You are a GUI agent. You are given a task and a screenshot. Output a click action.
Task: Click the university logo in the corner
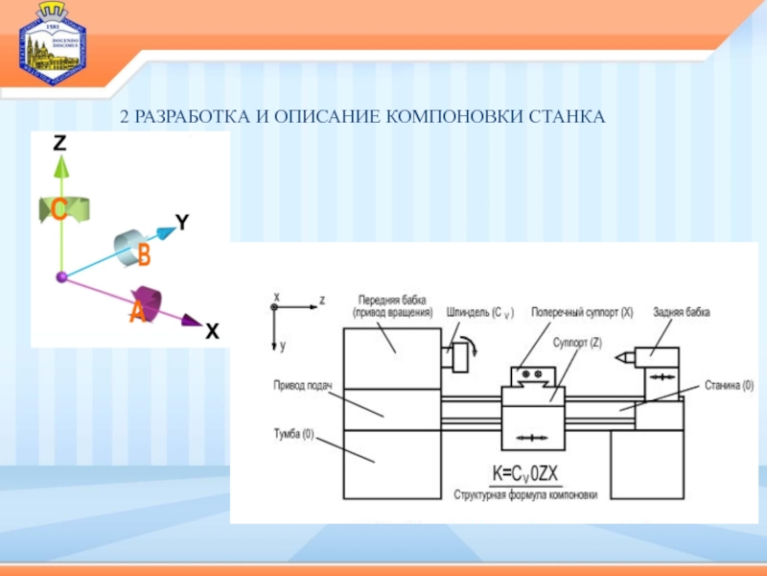click(x=50, y=43)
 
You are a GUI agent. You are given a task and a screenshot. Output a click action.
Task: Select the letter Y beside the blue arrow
click(x=182, y=223)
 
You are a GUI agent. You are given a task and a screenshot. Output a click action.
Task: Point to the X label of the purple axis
click(x=211, y=332)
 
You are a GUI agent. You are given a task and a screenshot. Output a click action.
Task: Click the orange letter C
click(x=58, y=211)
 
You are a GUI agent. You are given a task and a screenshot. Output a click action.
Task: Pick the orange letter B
click(x=144, y=254)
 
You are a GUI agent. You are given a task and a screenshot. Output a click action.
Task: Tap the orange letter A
click(x=138, y=312)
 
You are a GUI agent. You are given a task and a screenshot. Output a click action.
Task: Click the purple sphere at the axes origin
click(x=61, y=277)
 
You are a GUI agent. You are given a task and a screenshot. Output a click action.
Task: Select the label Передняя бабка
click(x=392, y=299)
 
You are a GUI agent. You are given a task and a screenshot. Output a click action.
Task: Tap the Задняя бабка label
click(x=682, y=312)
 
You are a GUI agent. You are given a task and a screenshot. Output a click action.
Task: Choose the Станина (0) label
click(x=729, y=386)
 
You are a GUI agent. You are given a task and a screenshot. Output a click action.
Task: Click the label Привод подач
click(x=302, y=386)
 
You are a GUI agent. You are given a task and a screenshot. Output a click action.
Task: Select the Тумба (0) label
click(x=293, y=434)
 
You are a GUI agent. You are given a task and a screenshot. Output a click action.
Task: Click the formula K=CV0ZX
click(x=524, y=475)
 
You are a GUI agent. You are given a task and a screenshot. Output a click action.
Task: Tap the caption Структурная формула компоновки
click(x=525, y=495)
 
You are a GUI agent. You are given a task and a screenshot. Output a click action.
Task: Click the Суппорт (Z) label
click(x=577, y=342)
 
